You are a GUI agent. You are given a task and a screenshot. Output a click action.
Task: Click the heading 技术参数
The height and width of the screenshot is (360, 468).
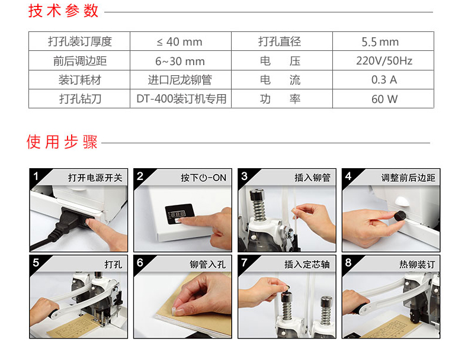click(x=63, y=11)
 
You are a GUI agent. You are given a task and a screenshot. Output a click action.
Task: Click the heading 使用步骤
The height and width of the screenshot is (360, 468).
click(x=62, y=142)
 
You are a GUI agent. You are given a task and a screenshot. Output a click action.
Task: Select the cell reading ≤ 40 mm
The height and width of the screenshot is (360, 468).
click(x=180, y=41)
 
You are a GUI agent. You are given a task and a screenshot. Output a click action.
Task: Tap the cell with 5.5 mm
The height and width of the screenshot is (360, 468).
click(x=383, y=41)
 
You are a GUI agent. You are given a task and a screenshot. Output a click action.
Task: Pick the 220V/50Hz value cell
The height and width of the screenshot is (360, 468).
click(x=383, y=60)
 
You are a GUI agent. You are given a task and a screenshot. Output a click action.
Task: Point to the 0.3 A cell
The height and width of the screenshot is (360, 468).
click(x=383, y=79)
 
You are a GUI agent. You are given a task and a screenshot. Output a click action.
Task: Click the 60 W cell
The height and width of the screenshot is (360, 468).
click(x=383, y=99)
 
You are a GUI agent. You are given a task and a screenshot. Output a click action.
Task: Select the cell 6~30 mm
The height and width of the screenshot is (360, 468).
click(x=180, y=60)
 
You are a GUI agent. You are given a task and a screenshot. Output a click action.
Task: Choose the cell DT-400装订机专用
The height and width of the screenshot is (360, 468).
click(x=180, y=99)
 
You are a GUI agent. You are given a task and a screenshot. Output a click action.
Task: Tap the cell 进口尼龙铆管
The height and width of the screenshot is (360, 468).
click(x=180, y=79)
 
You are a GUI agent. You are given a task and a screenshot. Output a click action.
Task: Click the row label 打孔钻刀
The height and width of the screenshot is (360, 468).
click(x=80, y=99)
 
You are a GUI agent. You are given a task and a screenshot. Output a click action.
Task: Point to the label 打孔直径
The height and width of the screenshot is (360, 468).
click(x=280, y=41)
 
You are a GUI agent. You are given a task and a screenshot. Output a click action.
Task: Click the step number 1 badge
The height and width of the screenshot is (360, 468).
click(x=36, y=176)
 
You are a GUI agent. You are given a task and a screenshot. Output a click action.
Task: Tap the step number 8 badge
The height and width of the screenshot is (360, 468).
click(x=348, y=262)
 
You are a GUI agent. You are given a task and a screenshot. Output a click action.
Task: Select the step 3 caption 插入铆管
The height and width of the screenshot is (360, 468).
click(x=312, y=178)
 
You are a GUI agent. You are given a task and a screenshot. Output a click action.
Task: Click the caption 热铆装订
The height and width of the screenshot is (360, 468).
click(x=417, y=264)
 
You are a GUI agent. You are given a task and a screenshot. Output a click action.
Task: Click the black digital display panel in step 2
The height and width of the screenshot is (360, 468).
click(x=179, y=214)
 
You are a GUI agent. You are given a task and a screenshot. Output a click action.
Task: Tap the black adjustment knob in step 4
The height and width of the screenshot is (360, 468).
click(x=400, y=216)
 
